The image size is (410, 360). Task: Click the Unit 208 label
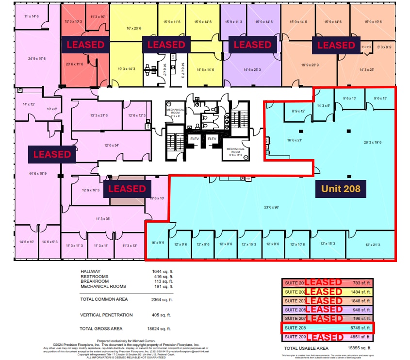click(341, 188)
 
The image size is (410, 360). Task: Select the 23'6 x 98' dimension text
click(271, 208)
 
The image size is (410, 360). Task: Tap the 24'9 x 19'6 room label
click(37, 59)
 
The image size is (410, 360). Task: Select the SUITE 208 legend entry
click(295, 328)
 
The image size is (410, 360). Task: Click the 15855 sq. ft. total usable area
click(360, 348)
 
